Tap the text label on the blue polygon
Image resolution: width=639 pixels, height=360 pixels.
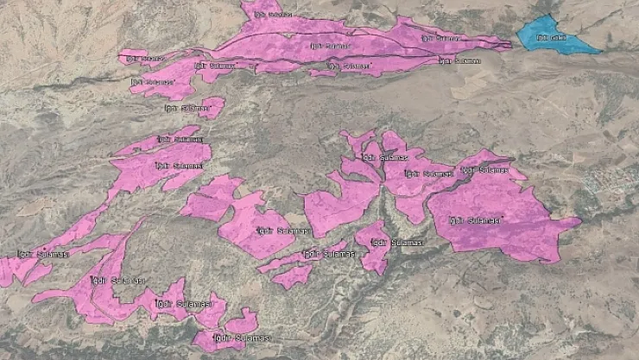point(551,38)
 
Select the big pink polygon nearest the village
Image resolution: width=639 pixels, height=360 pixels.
point(501,216)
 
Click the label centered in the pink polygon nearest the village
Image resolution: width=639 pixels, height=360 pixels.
point(473,221)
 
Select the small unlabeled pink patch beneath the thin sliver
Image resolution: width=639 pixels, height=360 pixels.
point(293,276)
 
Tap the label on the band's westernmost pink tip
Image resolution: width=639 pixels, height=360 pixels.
point(143,58)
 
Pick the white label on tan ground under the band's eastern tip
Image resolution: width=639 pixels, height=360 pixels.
point(459,61)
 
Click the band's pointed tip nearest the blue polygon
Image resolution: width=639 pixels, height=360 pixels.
point(508,45)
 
